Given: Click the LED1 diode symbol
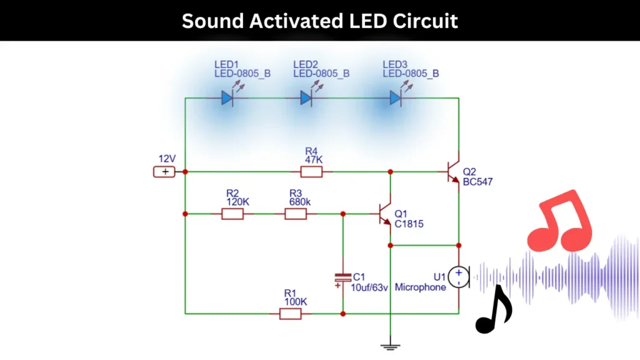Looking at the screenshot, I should (227, 98).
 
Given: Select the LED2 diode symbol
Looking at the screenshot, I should (306, 98).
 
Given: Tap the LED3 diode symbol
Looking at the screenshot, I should (396, 98).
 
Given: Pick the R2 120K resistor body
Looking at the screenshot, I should (232, 214).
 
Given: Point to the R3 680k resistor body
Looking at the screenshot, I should (296, 214).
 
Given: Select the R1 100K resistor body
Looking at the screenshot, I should (290, 313).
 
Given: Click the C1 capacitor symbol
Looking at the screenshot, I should (342, 278).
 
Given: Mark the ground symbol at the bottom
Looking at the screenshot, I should (390, 346).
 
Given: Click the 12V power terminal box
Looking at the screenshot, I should (165, 172).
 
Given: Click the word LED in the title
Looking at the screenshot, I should (367, 21).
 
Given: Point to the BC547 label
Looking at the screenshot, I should (478, 182).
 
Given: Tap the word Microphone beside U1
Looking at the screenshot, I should (420, 287).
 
